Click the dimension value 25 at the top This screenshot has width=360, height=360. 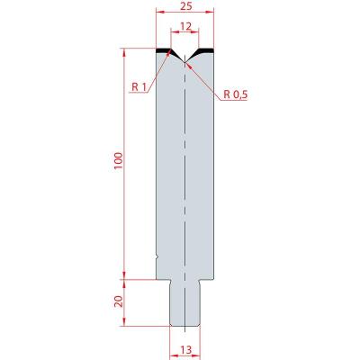pos(186,6)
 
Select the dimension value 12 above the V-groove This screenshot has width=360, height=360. pos(186,26)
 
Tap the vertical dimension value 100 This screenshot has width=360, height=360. pos(119,161)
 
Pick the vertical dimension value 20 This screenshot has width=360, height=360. pos(119,301)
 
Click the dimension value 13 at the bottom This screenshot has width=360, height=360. pos(186,350)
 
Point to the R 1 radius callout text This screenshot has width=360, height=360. pos(139,87)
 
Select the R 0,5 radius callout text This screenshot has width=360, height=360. pos(236,94)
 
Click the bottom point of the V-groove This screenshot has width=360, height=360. pos(185,62)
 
